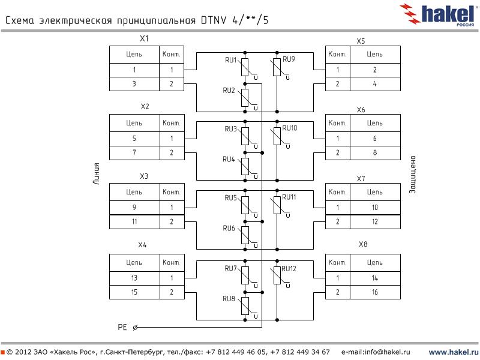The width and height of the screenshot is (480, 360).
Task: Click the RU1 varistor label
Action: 231,61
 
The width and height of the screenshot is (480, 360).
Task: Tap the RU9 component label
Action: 289,59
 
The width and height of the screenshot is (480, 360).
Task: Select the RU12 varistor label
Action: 289,268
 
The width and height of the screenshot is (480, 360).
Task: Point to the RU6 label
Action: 229,229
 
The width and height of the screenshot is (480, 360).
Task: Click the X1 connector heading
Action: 144,38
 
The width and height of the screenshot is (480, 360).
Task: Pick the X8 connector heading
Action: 362,245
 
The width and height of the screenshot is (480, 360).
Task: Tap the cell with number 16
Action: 374,292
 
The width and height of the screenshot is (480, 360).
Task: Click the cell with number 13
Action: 134,278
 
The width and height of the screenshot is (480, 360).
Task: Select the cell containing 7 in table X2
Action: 134,153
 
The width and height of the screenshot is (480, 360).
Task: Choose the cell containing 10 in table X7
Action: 374,208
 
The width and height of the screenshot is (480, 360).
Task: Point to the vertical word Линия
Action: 96,175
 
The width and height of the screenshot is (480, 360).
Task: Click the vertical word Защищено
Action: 413,175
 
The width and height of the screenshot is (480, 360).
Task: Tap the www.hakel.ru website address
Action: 453,352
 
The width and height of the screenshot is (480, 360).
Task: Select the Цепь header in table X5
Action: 374,54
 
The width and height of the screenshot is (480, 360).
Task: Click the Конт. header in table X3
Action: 172,192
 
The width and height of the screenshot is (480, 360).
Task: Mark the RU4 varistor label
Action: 229,160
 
